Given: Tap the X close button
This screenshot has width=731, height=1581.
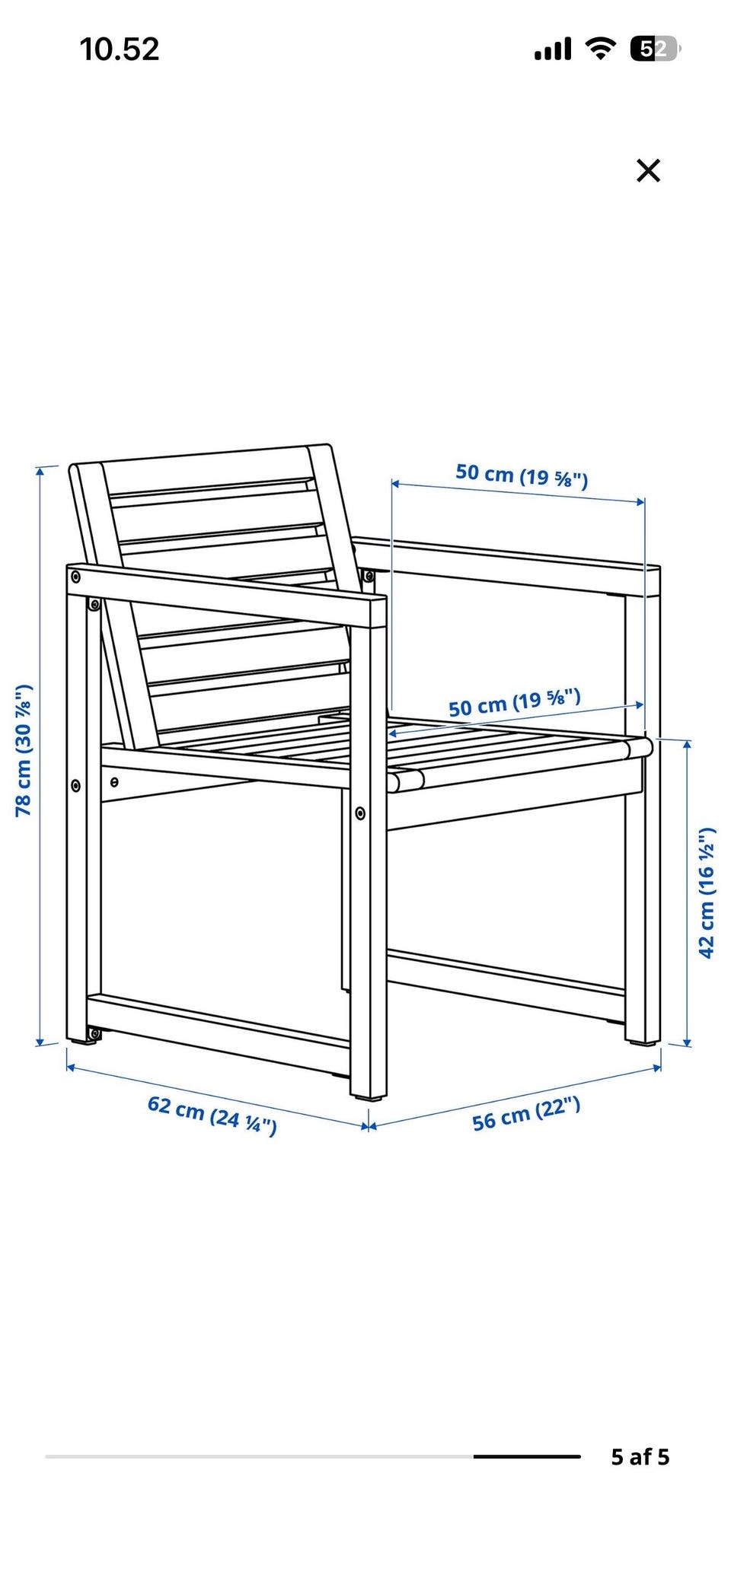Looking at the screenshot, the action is pyautogui.click(x=648, y=170).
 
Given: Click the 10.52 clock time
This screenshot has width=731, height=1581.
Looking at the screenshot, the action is pyautogui.click(x=120, y=49).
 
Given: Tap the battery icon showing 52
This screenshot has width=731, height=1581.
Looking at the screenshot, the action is pyautogui.click(x=655, y=49).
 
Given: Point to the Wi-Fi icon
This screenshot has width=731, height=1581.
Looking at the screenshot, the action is pyautogui.click(x=601, y=49).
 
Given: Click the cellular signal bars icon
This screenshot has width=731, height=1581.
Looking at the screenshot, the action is pyautogui.click(x=553, y=50).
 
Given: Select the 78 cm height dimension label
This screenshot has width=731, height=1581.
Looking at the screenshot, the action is pyautogui.click(x=24, y=750).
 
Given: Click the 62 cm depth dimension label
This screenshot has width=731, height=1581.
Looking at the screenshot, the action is pyautogui.click(x=212, y=1114).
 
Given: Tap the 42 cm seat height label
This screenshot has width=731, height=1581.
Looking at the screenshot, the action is pyautogui.click(x=707, y=892).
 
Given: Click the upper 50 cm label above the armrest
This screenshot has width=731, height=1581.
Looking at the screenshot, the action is pyautogui.click(x=522, y=476).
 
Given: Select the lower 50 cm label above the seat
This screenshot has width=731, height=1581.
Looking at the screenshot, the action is pyautogui.click(x=514, y=703).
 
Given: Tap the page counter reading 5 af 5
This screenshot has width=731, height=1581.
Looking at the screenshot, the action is pyautogui.click(x=640, y=1456).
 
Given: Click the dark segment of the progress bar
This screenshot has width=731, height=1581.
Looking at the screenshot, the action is pyautogui.click(x=526, y=1456).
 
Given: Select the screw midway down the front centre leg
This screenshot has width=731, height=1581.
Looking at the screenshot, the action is pyautogui.click(x=360, y=813).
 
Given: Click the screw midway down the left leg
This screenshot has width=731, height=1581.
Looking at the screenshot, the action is pyautogui.click(x=75, y=784).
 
